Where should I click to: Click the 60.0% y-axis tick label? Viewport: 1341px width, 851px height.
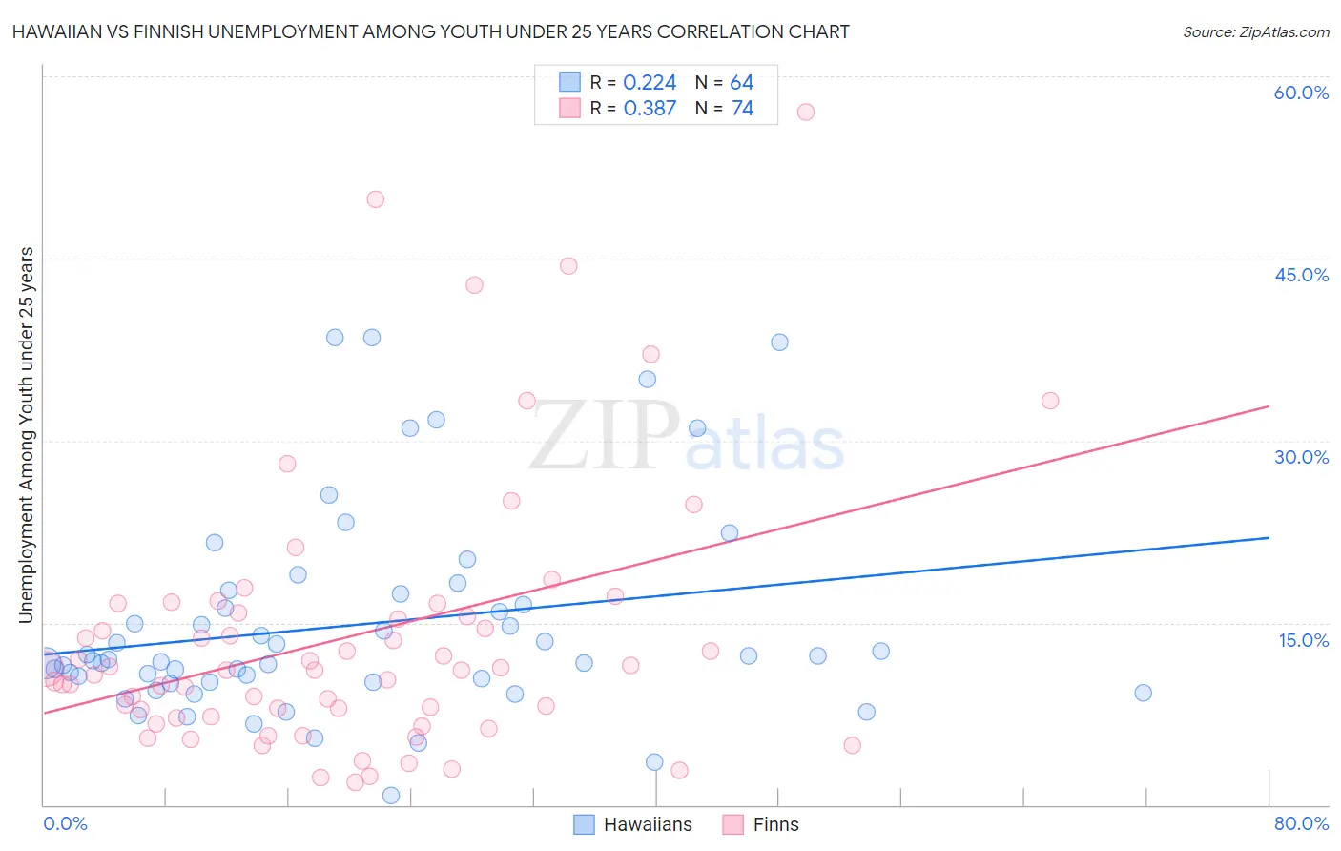point(1301,93)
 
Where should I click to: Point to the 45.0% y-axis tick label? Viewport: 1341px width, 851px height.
point(1301,275)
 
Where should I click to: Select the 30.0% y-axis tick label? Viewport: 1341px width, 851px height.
point(1301,457)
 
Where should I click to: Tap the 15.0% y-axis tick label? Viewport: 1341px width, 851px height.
point(1303,640)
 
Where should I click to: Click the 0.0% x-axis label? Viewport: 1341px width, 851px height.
point(65,823)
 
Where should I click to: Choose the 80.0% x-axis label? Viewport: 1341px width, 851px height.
point(1301,823)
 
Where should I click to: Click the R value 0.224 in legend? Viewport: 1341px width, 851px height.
point(650,83)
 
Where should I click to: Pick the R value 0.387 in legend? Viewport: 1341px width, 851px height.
point(650,109)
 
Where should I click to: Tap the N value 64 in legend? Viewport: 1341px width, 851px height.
point(742,83)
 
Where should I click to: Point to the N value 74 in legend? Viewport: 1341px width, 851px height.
point(742,109)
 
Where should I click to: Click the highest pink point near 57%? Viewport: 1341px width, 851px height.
point(805,112)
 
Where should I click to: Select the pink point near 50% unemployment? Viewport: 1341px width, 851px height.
point(375,199)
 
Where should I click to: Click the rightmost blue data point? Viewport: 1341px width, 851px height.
point(1143,693)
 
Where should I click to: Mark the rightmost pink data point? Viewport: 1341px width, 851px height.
point(1050,401)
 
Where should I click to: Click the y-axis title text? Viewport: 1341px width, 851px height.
point(26,435)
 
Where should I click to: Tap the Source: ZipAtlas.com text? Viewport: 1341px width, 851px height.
point(1255,32)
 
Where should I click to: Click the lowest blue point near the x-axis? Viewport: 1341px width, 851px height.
point(390,795)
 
